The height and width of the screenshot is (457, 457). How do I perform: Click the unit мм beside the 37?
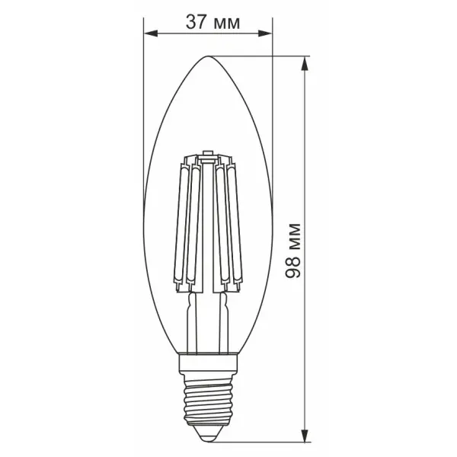(226, 24)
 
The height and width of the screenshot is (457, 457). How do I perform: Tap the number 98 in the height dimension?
(293, 267)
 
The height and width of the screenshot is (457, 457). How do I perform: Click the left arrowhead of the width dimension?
(151, 34)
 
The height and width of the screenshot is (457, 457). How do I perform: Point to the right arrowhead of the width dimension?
(264, 34)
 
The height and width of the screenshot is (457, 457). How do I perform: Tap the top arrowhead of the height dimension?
(305, 62)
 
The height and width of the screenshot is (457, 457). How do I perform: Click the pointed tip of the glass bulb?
(207, 56)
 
